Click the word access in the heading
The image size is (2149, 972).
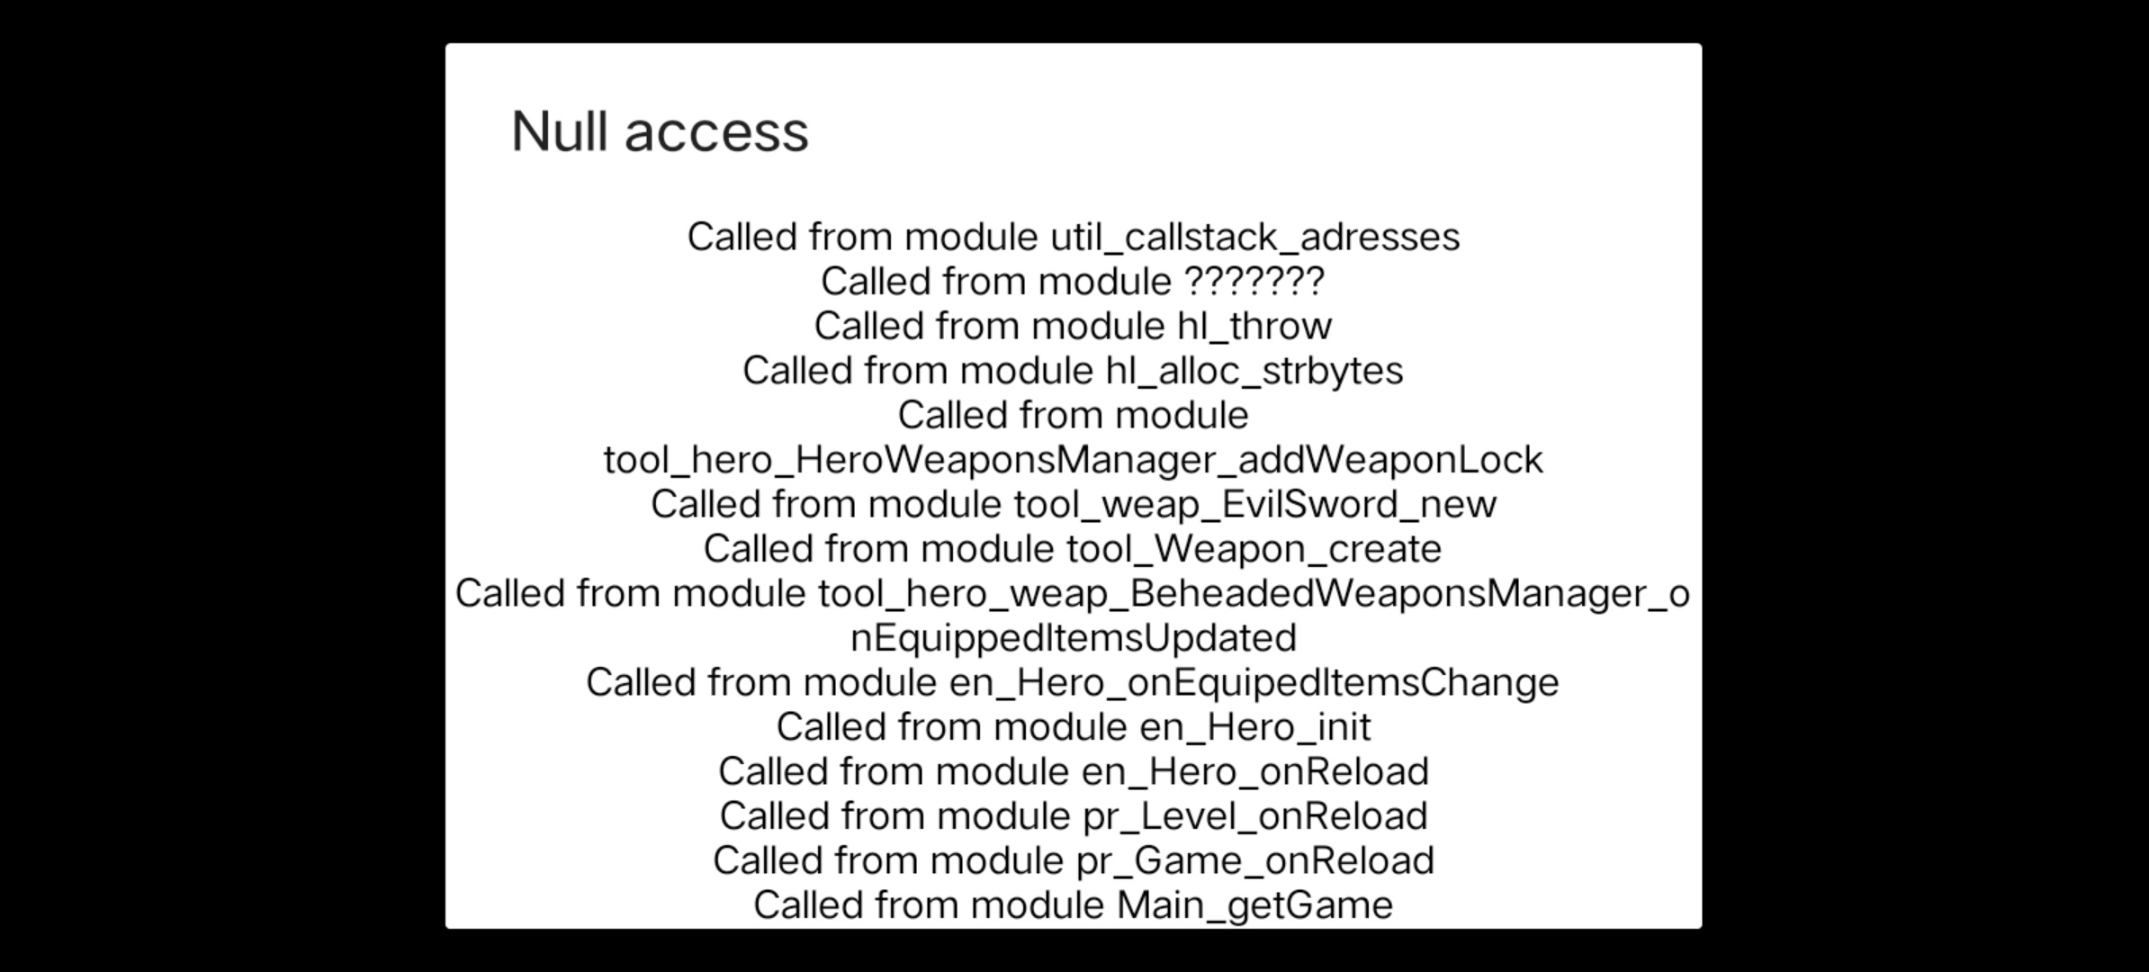pos(716,133)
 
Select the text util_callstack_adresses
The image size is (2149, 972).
pos(1255,238)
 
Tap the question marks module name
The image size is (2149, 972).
pos(1254,281)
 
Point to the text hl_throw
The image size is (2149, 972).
pos(1254,326)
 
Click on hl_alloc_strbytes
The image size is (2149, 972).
pos(1254,371)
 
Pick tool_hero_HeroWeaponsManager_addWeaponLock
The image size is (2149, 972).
pos(1074,460)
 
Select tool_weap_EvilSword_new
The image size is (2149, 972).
pos(1255,504)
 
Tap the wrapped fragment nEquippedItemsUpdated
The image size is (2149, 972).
pos(1074,638)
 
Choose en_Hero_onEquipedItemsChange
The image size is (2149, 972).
pos(1254,682)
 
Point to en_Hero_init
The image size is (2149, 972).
pos(1255,727)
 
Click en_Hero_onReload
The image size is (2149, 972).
pos(1255,771)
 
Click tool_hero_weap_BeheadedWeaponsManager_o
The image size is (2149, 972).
pos(1254,594)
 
